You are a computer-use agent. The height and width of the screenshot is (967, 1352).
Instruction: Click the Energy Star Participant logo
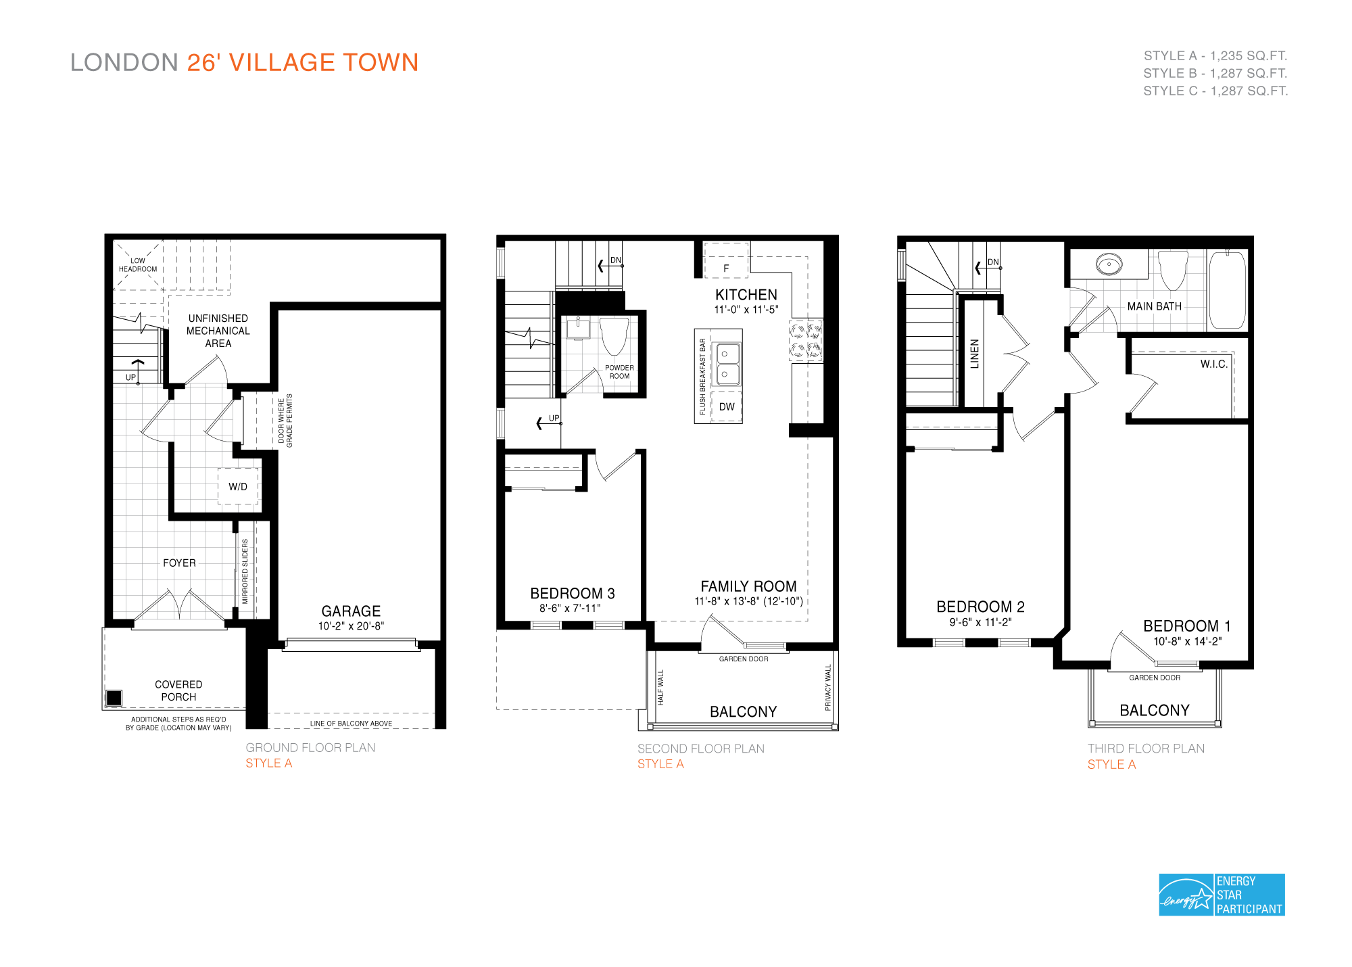click(1221, 894)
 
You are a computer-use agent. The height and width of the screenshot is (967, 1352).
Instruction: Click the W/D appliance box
click(238, 486)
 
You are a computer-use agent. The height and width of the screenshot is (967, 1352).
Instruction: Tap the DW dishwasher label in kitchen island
click(727, 406)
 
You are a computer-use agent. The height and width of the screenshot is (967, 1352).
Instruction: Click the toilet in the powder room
click(614, 335)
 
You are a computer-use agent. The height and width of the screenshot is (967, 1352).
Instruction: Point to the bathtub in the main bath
click(1227, 289)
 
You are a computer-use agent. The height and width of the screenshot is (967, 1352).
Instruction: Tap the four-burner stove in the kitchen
click(806, 340)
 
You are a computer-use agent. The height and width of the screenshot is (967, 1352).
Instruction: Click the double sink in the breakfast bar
click(727, 364)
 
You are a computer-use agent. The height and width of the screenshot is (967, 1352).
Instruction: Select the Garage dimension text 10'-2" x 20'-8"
click(351, 626)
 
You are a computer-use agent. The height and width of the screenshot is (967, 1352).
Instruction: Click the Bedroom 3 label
click(572, 593)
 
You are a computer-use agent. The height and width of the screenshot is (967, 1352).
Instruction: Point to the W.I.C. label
click(1213, 364)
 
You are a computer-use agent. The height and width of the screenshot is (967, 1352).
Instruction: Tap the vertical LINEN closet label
click(974, 354)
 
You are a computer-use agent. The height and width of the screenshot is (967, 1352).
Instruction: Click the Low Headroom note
click(138, 264)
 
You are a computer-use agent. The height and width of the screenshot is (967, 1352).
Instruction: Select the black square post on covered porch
click(114, 697)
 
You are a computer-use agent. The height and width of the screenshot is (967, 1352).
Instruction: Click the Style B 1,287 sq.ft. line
click(1215, 73)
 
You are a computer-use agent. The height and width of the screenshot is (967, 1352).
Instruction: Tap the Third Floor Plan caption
click(1146, 748)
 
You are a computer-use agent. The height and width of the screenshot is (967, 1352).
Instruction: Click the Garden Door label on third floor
click(1154, 678)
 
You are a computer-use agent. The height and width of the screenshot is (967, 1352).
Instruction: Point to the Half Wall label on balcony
click(660, 687)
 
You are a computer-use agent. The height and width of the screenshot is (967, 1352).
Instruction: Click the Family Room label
click(748, 586)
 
